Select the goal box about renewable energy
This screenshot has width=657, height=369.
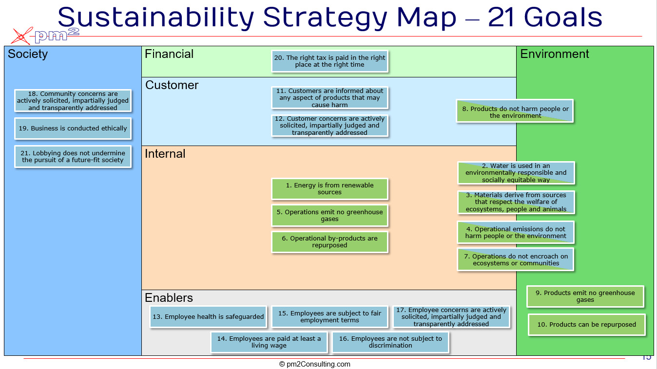329,189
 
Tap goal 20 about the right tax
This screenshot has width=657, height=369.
329,61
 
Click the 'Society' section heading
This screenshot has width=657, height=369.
28,54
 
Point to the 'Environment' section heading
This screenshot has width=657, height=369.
555,54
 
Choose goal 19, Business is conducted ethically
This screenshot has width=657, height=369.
73,129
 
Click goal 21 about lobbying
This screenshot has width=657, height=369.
73,156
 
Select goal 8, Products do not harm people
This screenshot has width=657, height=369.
515,112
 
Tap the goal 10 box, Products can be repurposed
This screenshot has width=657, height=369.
586,325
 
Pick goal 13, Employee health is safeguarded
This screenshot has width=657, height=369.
208,317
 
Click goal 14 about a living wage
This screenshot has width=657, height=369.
269,342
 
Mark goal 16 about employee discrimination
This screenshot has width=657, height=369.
390,342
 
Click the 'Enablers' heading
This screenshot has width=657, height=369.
169,298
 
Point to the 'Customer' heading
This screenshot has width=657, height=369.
172,85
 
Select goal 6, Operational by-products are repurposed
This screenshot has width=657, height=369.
329,242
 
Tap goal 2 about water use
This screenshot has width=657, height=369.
516,173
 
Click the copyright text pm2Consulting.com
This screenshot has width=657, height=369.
315,364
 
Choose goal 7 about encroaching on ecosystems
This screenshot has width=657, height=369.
516,259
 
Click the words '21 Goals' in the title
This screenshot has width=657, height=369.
545,18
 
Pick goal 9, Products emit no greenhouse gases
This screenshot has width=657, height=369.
585,296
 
